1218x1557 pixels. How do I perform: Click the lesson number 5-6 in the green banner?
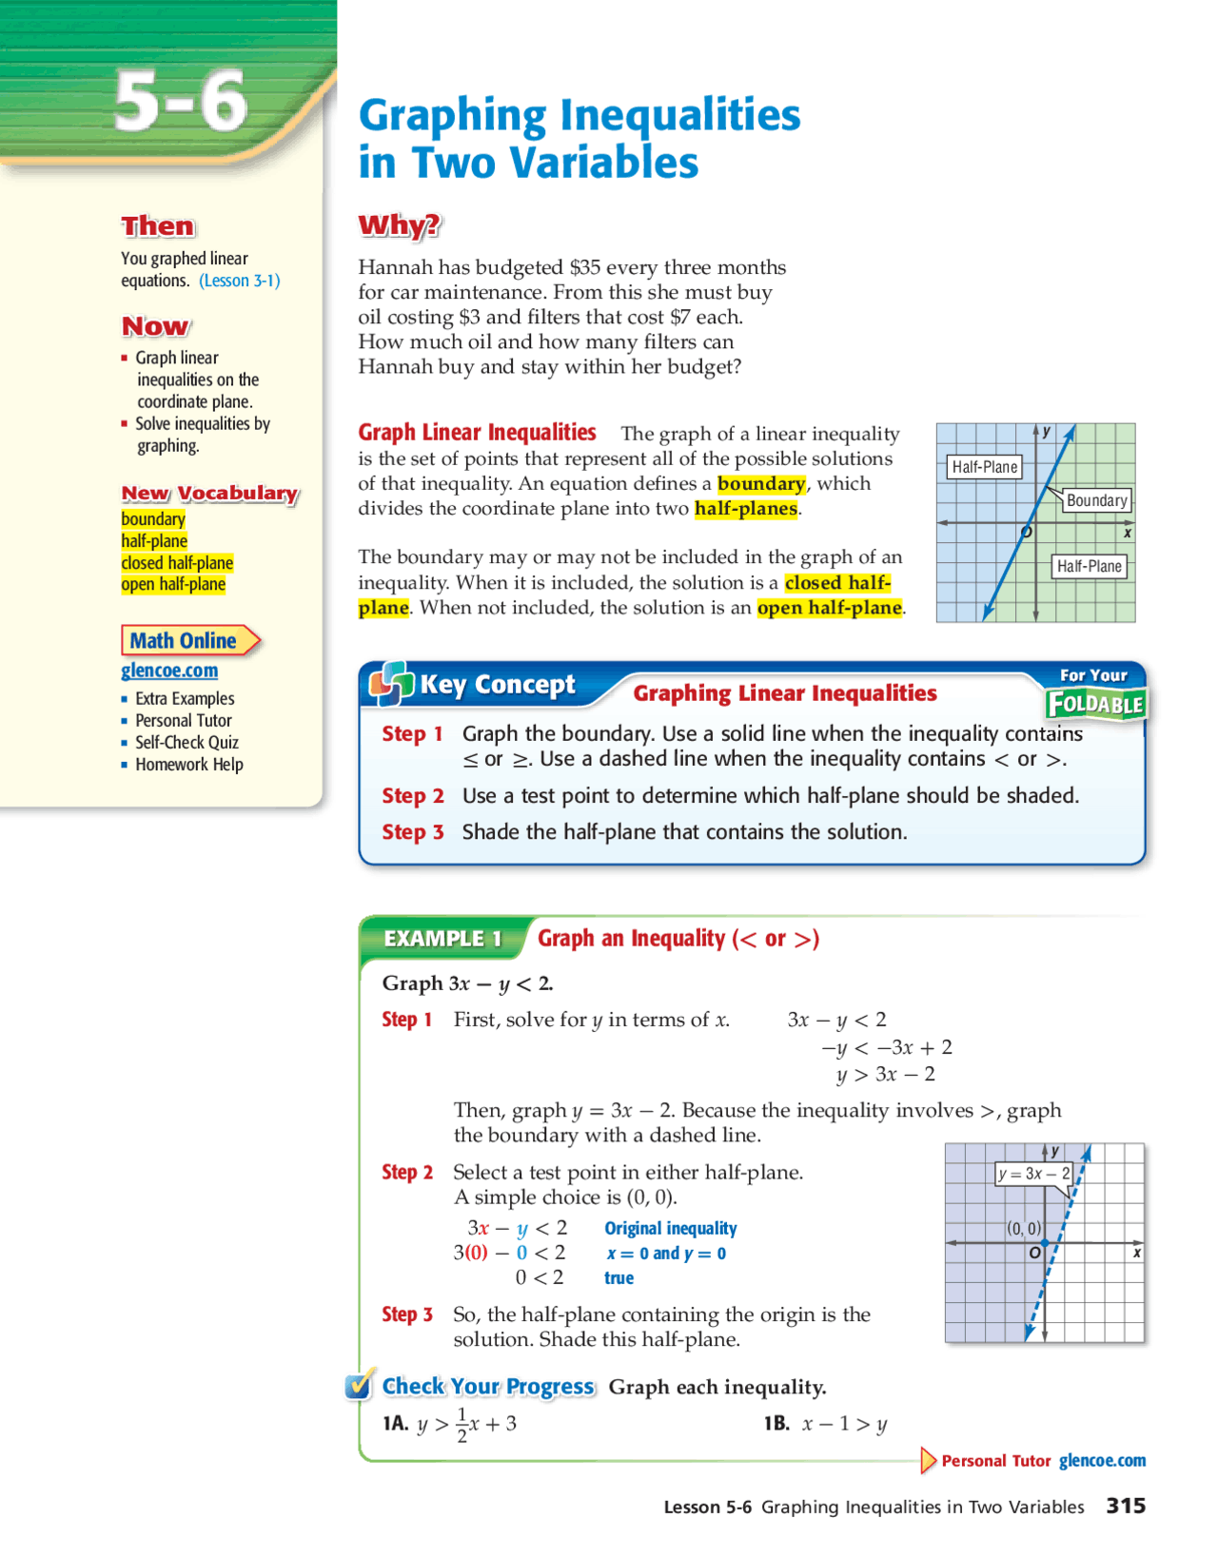pyautogui.click(x=181, y=102)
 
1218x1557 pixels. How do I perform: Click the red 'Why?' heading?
pyautogui.click(x=400, y=225)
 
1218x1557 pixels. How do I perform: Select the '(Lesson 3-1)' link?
pyautogui.click(x=239, y=281)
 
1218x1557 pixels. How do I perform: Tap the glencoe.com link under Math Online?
pyautogui.click(x=169, y=671)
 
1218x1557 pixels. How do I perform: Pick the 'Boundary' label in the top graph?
pyautogui.click(x=1096, y=500)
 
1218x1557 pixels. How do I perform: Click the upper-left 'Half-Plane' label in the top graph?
pyautogui.click(x=985, y=467)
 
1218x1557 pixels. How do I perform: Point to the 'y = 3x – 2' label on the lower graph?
pyautogui.click(x=1033, y=1174)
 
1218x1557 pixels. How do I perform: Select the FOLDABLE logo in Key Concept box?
pyautogui.click(x=1095, y=704)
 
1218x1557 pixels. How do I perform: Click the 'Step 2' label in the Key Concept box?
pyautogui.click(x=412, y=796)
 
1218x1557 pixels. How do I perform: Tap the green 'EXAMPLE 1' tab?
pyautogui.click(x=442, y=939)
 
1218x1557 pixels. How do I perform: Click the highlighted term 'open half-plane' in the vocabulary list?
pyautogui.click(x=173, y=584)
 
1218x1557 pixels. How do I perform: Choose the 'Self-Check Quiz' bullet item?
pyautogui.click(x=187, y=743)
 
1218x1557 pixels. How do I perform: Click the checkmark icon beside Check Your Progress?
pyautogui.click(x=359, y=1387)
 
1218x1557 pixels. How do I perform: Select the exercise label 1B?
pyautogui.click(x=776, y=1424)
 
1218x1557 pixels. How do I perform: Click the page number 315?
pyautogui.click(x=1126, y=1506)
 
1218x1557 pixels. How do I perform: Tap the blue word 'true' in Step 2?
pyautogui.click(x=619, y=1278)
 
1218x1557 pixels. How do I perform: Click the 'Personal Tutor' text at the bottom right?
pyautogui.click(x=995, y=1461)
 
